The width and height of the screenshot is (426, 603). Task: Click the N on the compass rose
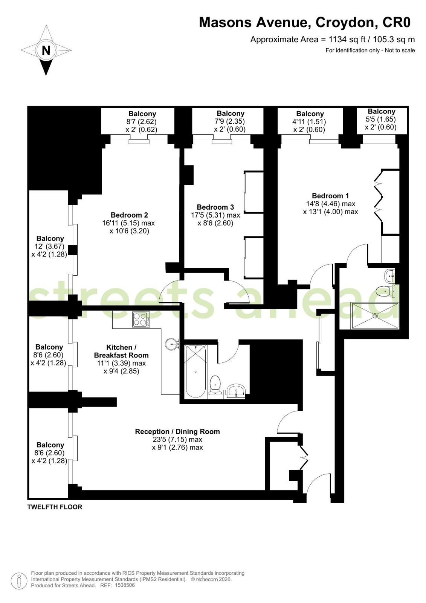(x=46, y=50)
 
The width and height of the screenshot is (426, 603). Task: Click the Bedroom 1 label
(x=330, y=196)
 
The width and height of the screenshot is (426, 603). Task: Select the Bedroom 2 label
(x=129, y=215)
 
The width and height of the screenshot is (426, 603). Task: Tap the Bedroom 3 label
(x=215, y=207)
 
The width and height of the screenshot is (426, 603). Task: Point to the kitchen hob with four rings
(x=141, y=319)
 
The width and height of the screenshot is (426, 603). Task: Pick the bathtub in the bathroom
(x=195, y=371)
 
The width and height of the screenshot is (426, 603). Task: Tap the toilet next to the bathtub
(x=215, y=385)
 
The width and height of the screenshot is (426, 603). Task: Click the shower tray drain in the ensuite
(x=375, y=316)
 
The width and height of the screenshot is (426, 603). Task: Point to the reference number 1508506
(x=125, y=585)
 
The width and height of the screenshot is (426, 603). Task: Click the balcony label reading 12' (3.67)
(x=49, y=246)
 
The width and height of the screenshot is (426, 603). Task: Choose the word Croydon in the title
(x=345, y=23)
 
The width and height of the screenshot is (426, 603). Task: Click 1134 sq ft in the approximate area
(x=347, y=40)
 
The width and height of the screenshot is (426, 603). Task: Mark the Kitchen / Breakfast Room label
(x=121, y=351)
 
